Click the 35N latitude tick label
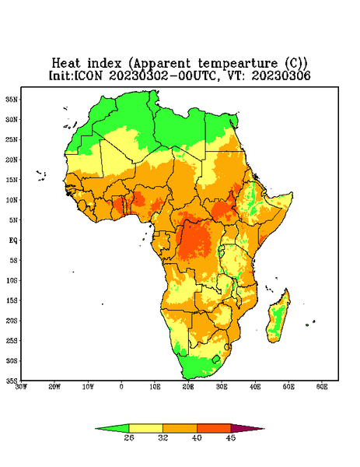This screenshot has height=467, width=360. pyautogui.click(x=11, y=100)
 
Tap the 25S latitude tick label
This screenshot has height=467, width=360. pyautogui.click(x=12, y=340)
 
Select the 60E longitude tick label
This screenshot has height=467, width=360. pyautogui.click(x=322, y=387)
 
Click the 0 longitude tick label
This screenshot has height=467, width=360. pyautogui.click(x=121, y=387)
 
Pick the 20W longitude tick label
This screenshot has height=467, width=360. pyautogui.click(x=54, y=387)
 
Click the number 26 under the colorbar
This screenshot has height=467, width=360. pyautogui.click(x=129, y=437)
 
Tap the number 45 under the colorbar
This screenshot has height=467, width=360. pyautogui.click(x=231, y=437)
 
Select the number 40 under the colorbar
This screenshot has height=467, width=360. pyautogui.click(x=197, y=437)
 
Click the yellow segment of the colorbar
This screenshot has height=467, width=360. pyautogui.click(x=145, y=428)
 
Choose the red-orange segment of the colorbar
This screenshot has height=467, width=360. pyautogui.click(x=214, y=428)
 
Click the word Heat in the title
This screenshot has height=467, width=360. pyautogui.click(x=66, y=64)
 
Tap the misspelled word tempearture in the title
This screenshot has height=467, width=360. pyautogui.click(x=238, y=64)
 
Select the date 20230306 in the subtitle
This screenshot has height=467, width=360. pyautogui.click(x=281, y=75)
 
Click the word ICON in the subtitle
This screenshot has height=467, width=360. pyautogui.click(x=89, y=75)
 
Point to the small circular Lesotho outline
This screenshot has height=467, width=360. pyautogui.click(x=216, y=359)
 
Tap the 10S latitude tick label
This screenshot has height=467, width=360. pyautogui.click(x=12, y=280)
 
